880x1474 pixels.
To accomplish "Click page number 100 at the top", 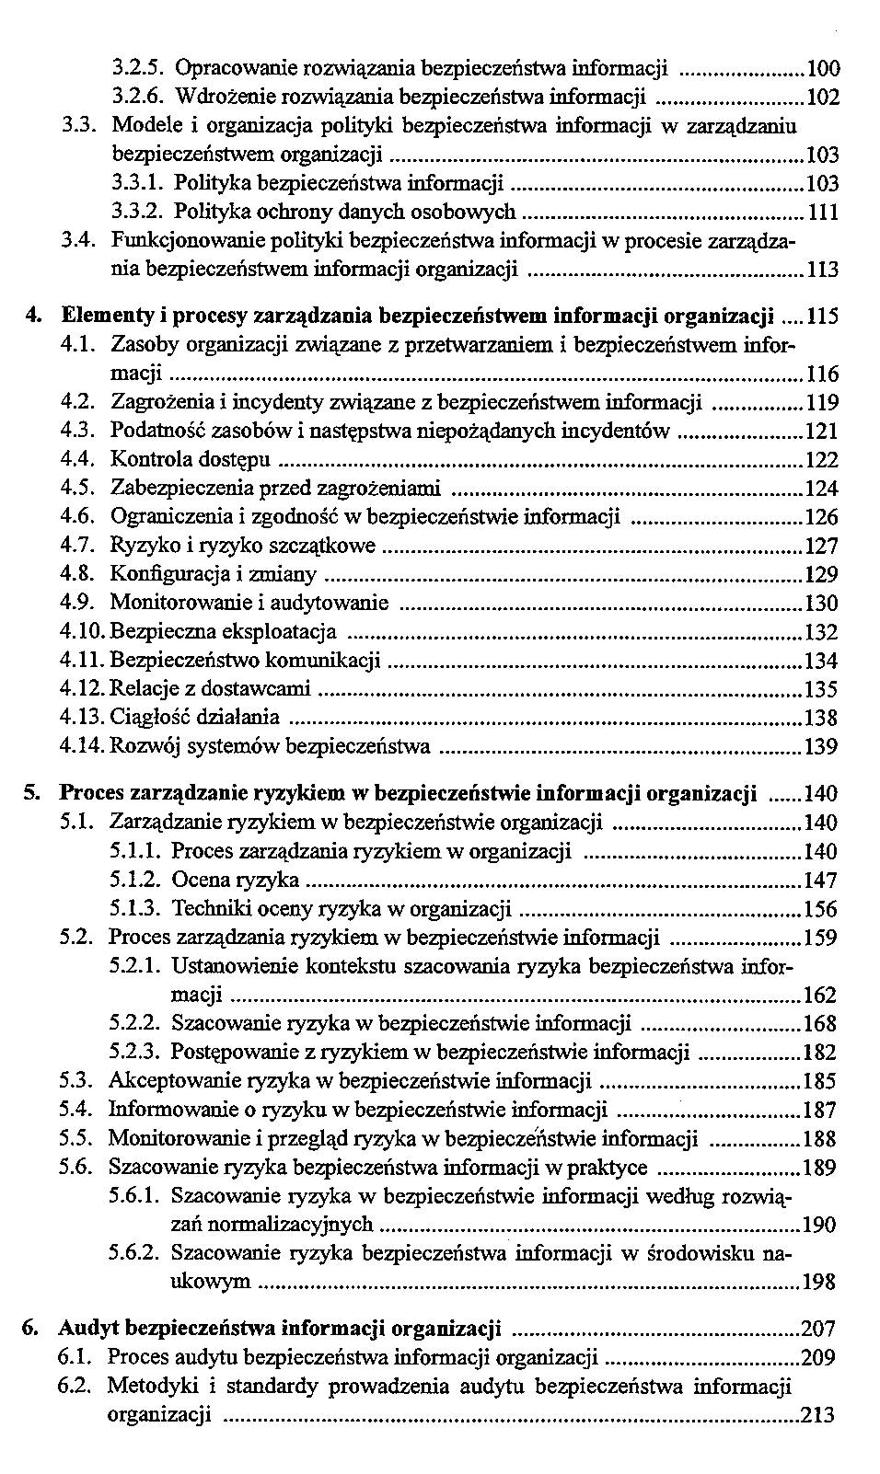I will click(x=822, y=68).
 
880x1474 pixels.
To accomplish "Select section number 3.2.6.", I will click(x=138, y=97).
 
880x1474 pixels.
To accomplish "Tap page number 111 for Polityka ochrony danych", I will click(x=822, y=213).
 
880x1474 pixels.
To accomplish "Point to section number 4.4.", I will click(x=78, y=458).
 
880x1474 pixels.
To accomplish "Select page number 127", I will click(x=821, y=547).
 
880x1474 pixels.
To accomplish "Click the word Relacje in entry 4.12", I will click(x=138, y=689).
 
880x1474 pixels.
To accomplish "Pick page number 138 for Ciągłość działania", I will click(x=821, y=718).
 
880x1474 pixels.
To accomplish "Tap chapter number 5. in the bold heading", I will click(x=32, y=793).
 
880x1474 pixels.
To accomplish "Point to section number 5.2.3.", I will click(x=136, y=1052).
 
